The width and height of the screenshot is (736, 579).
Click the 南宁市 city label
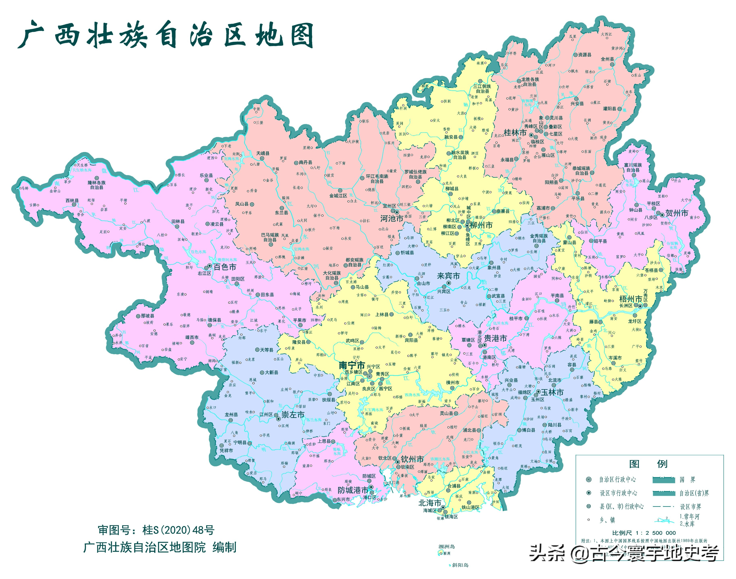click(x=351, y=366)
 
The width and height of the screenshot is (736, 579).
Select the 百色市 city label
click(x=224, y=267)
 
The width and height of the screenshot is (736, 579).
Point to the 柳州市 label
click(x=481, y=225)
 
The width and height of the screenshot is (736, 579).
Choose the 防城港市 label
click(x=353, y=490)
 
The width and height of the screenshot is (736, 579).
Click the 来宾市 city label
click(x=448, y=276)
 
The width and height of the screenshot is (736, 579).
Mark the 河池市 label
click(x=392, y=219)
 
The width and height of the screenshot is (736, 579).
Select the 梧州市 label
click(x=631, y=299)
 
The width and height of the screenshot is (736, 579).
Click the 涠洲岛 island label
click(x=446, y=547)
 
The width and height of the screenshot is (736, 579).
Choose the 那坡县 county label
click(x=147, y=316)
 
